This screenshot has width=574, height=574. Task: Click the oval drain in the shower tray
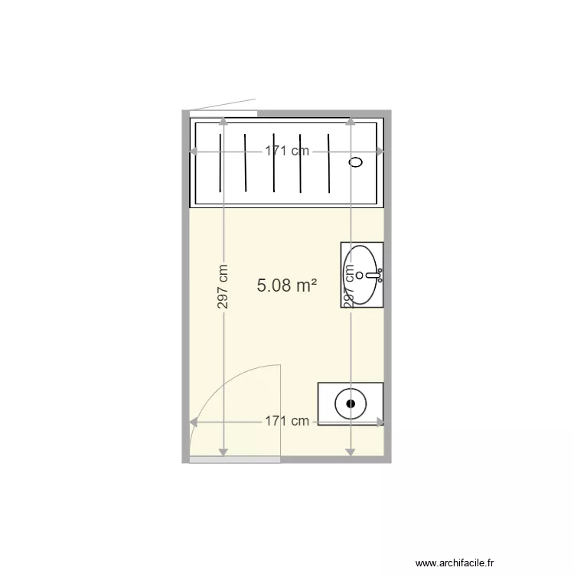[356, 162]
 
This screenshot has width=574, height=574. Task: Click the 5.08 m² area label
[287, 286]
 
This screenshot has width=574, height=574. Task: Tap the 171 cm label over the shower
[287, 151]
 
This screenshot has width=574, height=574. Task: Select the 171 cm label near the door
[287, 421]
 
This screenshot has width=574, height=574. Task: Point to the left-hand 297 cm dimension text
[223, 287]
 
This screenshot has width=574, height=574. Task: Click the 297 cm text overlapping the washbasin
[350, 288]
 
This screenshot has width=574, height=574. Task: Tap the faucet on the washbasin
[376, 274]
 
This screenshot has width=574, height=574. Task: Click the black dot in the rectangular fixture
[351, 402]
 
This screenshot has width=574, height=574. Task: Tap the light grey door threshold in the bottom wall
[235, 459]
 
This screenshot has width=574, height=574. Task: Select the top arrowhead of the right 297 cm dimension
[350, 122]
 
